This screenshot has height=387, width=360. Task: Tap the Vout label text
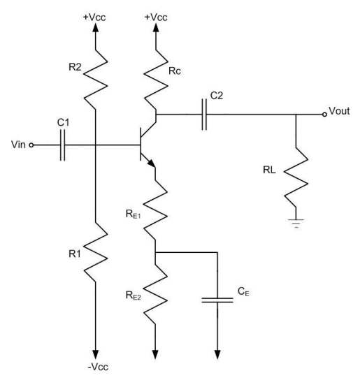tap(342, 113)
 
